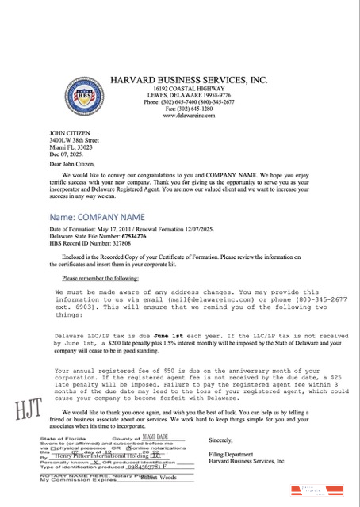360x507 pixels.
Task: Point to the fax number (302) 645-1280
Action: tap(189, 109)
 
